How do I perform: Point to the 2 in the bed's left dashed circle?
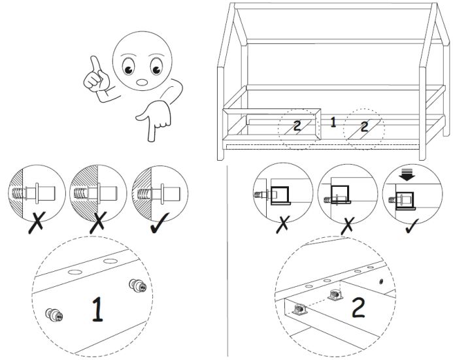[297, 125]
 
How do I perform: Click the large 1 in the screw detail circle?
[97, 310]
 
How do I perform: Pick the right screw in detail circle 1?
[137, 285]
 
